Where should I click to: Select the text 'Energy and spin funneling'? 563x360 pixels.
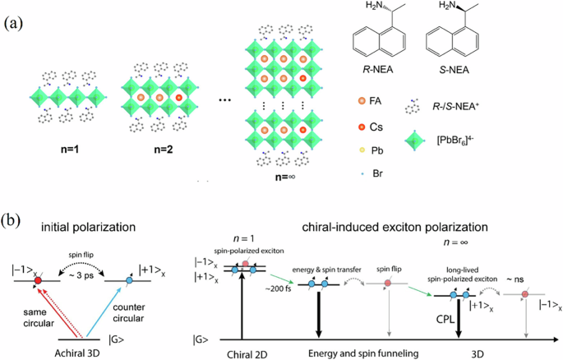353,352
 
